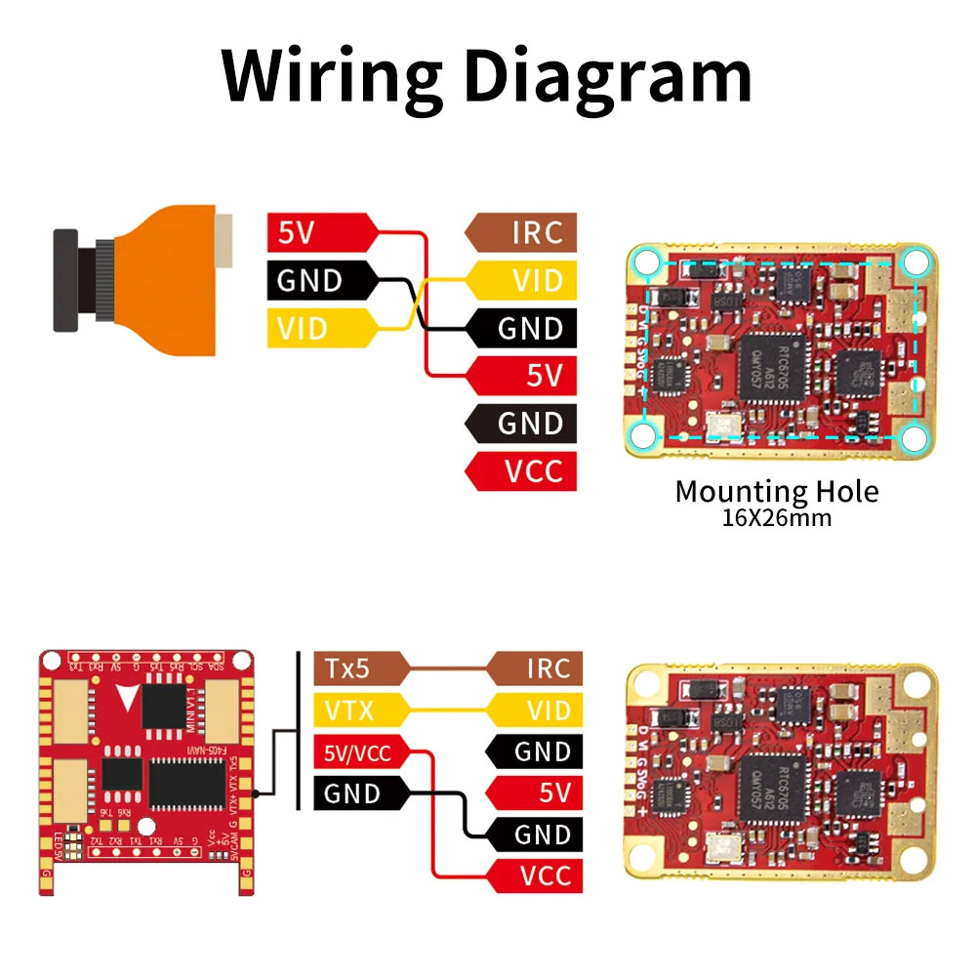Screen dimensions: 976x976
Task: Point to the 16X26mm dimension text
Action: [x=777, y=517]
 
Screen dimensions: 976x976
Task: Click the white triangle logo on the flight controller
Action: [x=128, y=699]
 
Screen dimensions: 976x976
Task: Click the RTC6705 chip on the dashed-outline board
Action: [x=771, y=367]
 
